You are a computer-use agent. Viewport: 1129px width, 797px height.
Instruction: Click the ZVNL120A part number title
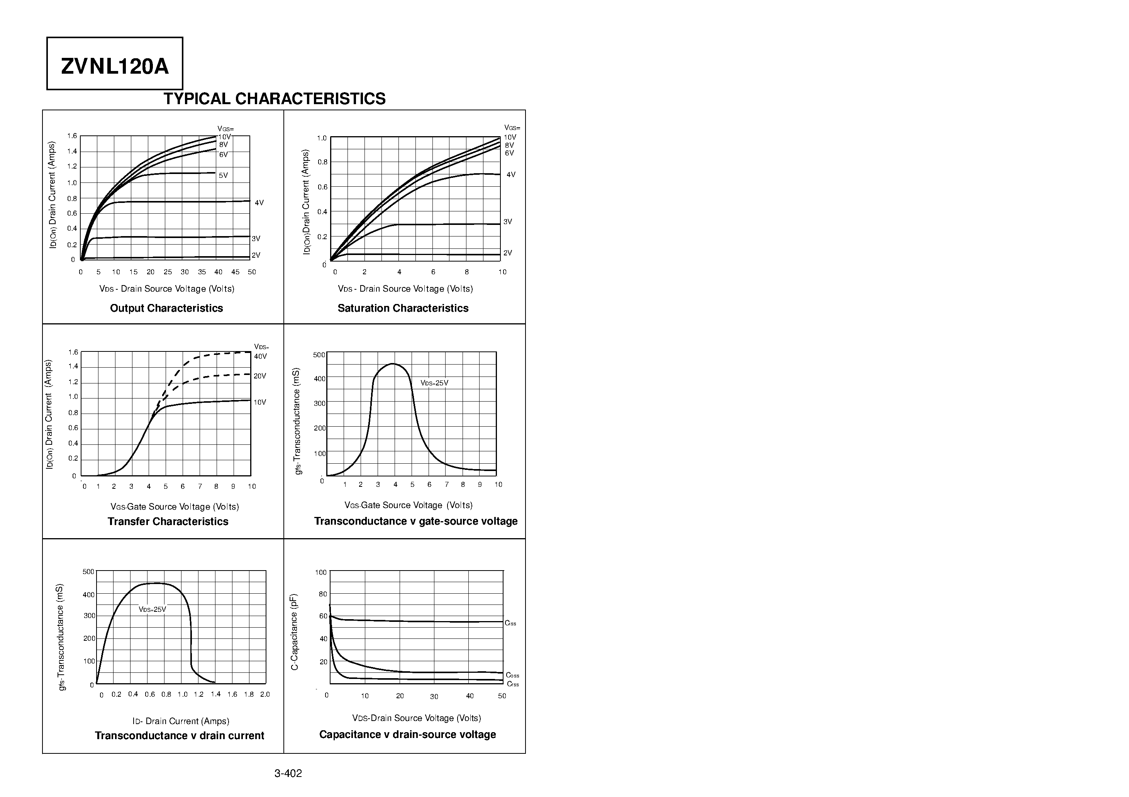pos(115,66)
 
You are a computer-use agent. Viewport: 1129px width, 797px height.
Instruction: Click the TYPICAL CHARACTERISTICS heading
pos(275,99)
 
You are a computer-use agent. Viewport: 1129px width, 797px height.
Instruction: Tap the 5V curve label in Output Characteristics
pos(223,176)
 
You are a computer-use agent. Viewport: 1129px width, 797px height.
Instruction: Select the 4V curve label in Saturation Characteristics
pos(511,174)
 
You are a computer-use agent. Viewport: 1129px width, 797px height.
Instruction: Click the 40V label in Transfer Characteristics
pos(260,356)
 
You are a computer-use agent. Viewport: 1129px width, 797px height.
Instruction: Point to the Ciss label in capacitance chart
pos(510,623)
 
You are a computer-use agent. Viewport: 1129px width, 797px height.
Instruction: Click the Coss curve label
pos(512,675)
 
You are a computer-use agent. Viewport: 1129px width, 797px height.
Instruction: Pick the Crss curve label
pos(512,684)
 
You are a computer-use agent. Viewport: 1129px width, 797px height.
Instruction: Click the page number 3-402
pos(288,773)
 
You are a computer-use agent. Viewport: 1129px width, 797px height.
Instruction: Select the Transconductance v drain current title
pos(180,736)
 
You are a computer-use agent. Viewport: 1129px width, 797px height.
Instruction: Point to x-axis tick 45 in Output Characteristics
pos(235,272)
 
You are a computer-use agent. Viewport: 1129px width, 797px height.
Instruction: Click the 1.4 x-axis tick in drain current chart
pos(215,694)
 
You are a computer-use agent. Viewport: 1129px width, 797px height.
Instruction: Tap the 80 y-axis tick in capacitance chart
pos(322,594)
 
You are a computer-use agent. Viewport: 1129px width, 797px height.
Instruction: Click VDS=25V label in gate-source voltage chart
pos(434,383)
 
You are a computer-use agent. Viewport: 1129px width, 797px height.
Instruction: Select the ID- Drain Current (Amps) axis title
pos(181,721)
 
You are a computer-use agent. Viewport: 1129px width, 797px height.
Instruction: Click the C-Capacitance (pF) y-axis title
pos(295,632)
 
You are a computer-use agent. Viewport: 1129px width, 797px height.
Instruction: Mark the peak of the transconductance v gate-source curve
pos(393,364)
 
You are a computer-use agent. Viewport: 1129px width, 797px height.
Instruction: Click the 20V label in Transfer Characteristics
pos(259,376)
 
